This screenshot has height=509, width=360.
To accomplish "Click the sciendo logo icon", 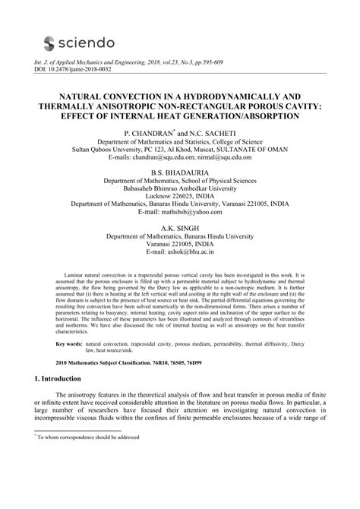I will coord(51,43).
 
